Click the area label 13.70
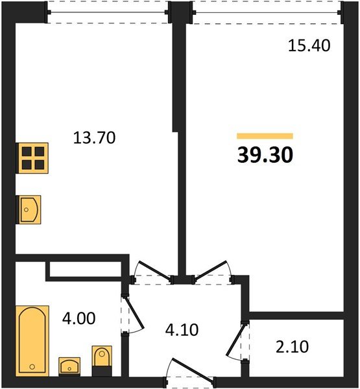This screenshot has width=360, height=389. [94, 138]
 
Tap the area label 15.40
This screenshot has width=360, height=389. [309, 46]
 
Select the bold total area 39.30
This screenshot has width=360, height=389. [265, 155]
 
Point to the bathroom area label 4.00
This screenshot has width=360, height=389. [78, 318]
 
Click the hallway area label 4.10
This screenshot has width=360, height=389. [182, 330]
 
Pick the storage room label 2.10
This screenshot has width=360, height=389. [293, 347]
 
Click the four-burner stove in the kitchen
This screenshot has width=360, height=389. [32, 158]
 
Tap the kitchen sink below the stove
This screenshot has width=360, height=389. [29, 209]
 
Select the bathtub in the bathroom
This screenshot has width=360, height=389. [32, 341]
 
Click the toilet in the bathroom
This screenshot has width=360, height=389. [102, 360]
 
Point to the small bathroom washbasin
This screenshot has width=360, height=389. [69, 366]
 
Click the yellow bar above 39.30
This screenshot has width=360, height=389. [265, 136]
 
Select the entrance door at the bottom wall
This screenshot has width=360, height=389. [193, 370]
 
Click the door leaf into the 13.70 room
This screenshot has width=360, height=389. [155, 271]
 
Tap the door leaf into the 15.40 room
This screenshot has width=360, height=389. [211, 270]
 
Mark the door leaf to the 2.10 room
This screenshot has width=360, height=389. [236, 339]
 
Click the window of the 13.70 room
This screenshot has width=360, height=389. [108, 12]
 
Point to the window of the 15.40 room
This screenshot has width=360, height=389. [267, 12]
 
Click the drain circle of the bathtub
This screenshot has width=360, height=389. [32, 366]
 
